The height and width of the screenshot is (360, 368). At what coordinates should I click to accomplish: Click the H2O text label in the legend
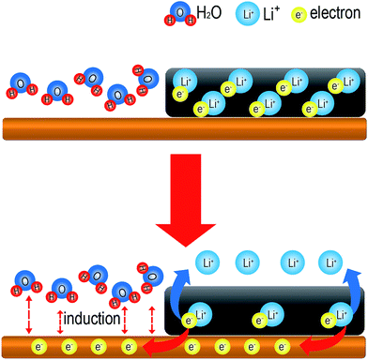pos(208,13)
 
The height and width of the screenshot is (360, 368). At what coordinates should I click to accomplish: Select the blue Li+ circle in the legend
pos(248,15)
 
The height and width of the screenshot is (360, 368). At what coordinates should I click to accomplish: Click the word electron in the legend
pos(335,13)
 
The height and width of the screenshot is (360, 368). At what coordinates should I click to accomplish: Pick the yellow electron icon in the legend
pos(299,16)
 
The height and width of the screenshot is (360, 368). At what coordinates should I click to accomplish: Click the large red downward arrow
pos(186,200)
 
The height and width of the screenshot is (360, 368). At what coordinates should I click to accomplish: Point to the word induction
pos(92,319)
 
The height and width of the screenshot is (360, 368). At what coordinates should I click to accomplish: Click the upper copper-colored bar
pos(184,128)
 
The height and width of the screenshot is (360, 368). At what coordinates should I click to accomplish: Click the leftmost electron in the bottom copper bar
pos(38,347)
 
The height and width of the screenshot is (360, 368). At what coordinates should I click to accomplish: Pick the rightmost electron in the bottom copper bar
pos(283,347)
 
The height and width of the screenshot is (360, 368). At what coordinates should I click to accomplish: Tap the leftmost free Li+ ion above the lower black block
pos(207,263)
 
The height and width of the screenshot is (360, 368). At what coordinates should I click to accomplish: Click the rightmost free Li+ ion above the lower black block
pos(330,263)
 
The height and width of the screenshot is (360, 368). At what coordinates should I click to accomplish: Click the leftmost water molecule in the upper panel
pos(22,85)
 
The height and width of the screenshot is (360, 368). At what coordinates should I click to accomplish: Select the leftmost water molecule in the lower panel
pos(27,284)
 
